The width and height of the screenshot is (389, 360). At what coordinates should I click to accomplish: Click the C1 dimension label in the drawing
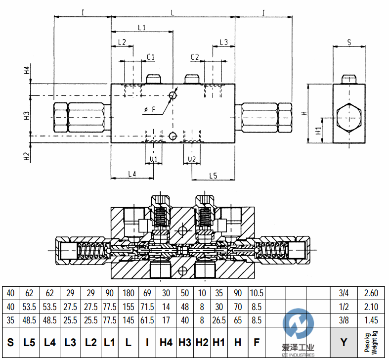151,57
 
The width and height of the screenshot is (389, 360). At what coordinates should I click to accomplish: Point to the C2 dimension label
195,57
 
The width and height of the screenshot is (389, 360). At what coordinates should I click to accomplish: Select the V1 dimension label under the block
153,159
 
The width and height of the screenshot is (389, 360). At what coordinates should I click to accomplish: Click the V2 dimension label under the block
192,159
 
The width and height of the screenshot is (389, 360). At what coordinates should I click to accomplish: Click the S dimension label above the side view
349,43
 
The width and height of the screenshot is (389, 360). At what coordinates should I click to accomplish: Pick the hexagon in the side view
349,119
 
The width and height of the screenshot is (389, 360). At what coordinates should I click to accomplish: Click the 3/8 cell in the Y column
344,320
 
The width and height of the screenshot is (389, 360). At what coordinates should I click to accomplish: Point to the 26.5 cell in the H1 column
218,320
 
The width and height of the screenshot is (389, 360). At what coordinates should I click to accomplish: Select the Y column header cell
344,342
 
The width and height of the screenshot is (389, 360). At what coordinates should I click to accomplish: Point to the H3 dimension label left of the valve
27,116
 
